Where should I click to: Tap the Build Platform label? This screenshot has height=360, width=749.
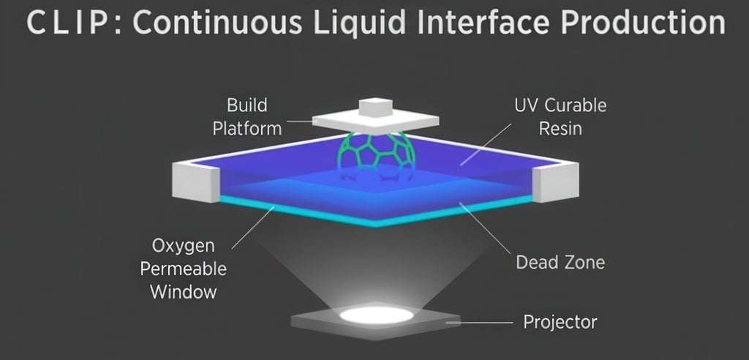[246, 116]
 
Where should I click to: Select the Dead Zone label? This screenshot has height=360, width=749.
[560, 262]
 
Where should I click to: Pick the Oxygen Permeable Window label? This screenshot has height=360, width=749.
[188, 268]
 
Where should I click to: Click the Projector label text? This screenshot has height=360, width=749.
[560, 321]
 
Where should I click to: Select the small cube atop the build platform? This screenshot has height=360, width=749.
[375, 108]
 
